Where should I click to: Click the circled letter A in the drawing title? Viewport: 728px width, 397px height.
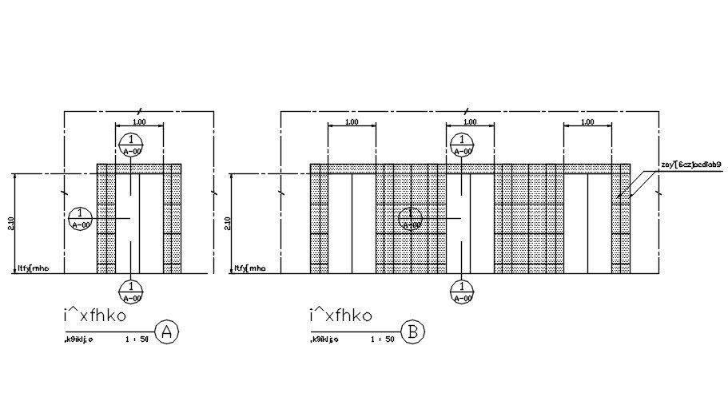pos(165,331)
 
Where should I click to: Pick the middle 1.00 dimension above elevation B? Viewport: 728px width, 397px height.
pos(469,121)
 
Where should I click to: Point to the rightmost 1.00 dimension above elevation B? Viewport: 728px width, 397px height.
pos(587,121)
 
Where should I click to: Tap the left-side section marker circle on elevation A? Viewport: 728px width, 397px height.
pos(80,218)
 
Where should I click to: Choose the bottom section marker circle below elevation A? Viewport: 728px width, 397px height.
pos(130,292)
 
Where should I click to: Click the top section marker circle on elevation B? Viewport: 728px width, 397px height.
pos(461,145)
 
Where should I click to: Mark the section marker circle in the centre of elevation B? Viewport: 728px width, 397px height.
pos(410,218)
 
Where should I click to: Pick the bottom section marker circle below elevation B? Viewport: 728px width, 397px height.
pos(461,292)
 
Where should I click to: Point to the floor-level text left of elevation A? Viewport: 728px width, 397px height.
pos(33,268)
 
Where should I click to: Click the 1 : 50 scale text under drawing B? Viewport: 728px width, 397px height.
pos(383,339)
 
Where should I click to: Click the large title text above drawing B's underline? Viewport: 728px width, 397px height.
pos(340,316)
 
